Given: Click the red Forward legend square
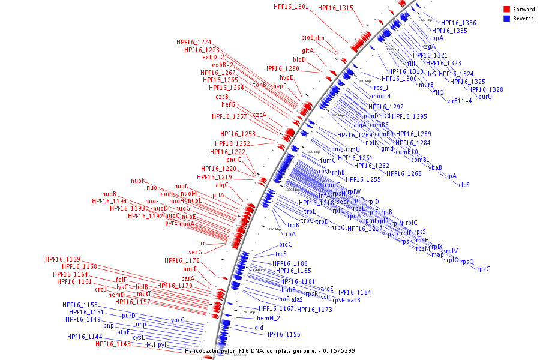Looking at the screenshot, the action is (x=506, y=9).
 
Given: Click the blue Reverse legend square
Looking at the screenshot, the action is (x=506, y=19).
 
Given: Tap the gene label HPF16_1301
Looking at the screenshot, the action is (x=290, y=7).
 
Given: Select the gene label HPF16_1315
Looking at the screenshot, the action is (x=335, y=8).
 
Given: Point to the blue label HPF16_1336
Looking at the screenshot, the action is (x=458, y=23).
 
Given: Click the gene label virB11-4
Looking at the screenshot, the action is (x=459, y=101).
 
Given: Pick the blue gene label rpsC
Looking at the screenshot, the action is (x=483, y=269).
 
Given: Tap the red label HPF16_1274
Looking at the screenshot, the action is (x=194, y=42).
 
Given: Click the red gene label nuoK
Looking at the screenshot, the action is (x=138, y=181).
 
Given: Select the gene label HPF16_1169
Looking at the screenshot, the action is (x=62, y=259).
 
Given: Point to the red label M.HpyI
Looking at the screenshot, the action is (x=156, y=345).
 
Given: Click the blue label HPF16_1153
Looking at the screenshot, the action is (x=80, y=305).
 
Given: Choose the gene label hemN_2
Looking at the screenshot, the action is (x=269, y=318).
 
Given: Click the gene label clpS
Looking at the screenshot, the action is (x=464, y=185).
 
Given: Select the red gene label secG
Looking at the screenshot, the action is (x=196, y=252).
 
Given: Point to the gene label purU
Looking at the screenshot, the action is (x=485, y=97).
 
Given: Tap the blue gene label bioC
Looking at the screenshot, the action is (x=286, y=244).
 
